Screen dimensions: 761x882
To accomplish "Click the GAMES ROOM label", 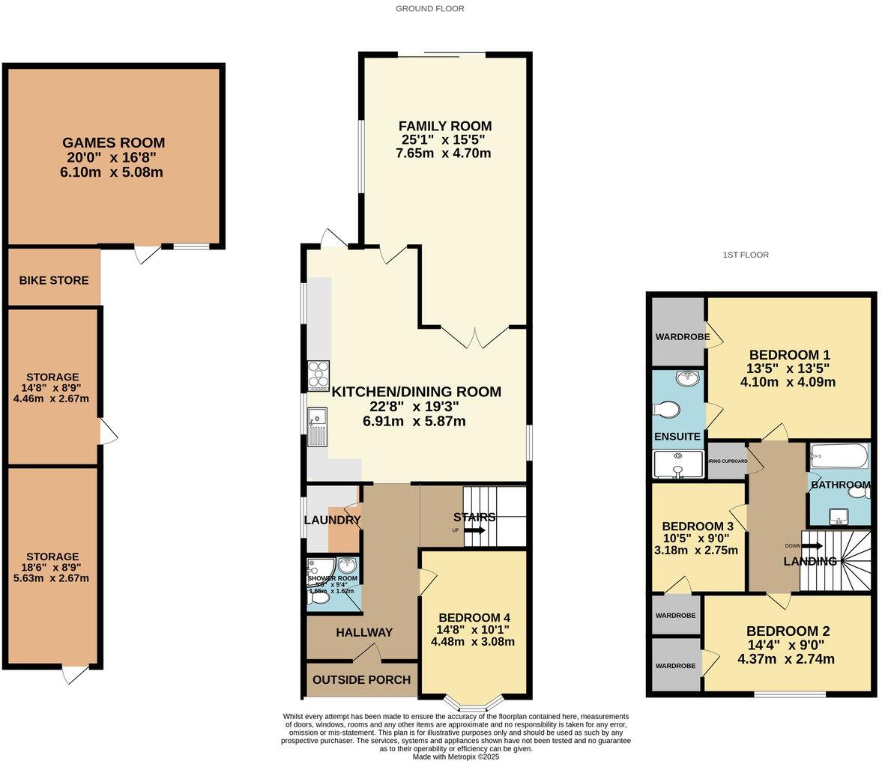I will [x=113, y=142].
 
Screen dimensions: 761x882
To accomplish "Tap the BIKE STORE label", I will [x=54, y=280].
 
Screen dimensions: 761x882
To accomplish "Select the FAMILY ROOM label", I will [x=445, y=126].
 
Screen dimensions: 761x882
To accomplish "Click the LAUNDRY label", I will [x=333, y=520].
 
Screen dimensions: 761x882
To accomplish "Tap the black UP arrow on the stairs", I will [x=474, y=531].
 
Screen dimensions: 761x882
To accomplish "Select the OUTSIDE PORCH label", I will [x=361, y=679].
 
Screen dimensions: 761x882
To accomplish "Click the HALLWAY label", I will [x=364, y=632].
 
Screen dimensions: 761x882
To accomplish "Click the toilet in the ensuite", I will [x=666, y=409].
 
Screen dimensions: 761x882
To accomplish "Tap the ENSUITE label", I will [x=677, y=436].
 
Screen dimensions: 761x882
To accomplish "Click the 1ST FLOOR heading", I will [x=746, y=255].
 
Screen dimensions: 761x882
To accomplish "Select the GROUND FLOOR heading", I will [x=430, y=9].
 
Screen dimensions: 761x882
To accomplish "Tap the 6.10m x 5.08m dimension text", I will [x=112, y=172].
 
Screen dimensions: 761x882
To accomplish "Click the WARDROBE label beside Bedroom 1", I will [x=683, y=336].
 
